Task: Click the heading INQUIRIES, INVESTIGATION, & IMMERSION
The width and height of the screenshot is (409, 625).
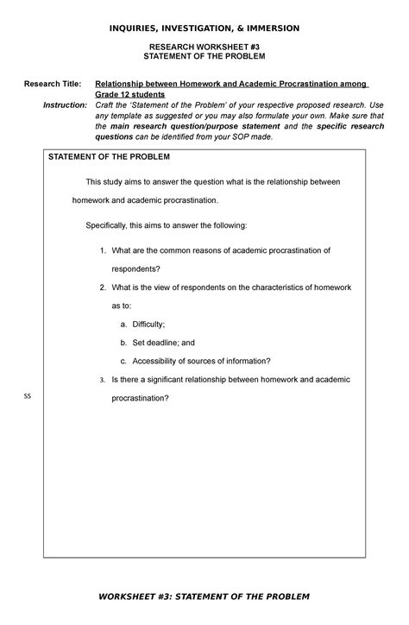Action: coord(204,28)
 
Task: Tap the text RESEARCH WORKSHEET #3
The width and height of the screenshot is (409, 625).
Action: coord(204,46)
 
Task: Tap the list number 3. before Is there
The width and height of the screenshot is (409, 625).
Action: coord(102,380)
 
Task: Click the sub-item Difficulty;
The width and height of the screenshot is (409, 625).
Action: coord(154,324)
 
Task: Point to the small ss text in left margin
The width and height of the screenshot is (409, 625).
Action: coord(27,396)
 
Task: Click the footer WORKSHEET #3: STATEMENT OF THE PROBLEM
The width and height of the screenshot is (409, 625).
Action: coord(204,597)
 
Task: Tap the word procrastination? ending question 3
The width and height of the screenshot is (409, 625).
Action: coord(140,399)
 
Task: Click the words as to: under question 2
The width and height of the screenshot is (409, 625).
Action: coord(121,306)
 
